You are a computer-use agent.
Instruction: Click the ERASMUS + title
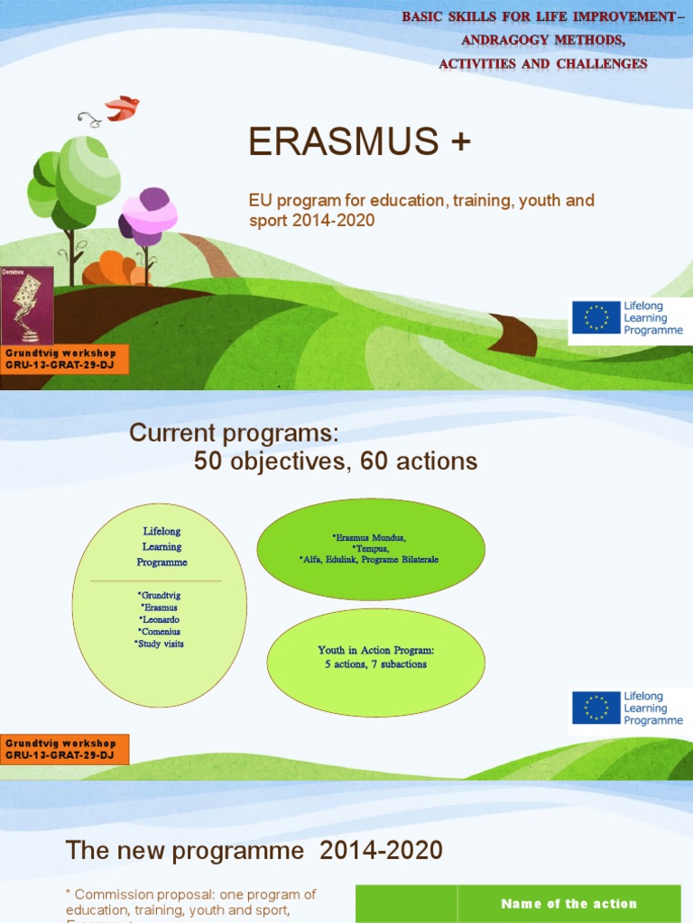coord(359,143)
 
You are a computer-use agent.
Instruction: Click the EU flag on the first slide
coord(596,318)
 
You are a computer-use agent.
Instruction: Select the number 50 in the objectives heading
coord(210,461)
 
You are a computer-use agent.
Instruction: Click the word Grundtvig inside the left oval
coord(160,596)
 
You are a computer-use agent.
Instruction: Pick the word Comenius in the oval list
coord(160,632)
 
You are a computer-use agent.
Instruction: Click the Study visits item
coord(160,644)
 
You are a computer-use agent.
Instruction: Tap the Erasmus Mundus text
coord(369,537)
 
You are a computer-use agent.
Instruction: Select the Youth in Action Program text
coord(375,650)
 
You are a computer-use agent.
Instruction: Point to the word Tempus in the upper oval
coord(370,548)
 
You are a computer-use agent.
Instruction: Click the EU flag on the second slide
coord(596,708)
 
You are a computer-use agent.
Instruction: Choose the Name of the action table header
coord(568,903)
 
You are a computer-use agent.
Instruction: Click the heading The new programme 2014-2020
coord(254,850)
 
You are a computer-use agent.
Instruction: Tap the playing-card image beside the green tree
coord(26,306)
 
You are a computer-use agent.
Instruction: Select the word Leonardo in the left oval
coord(160,620)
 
